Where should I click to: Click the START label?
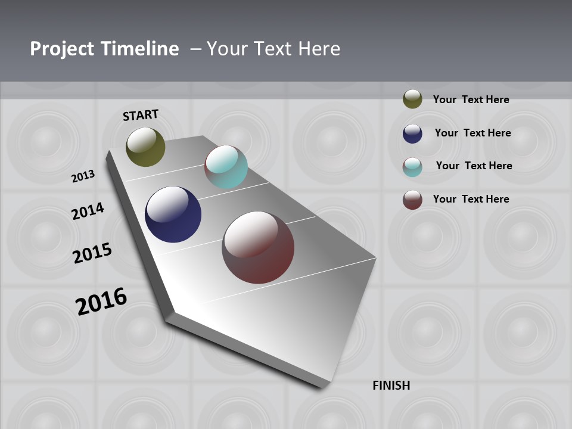141,115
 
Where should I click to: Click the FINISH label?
391,386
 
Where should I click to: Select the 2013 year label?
83,176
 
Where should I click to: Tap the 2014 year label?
88,211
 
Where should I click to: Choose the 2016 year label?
101,301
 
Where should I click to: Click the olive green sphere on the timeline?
145,147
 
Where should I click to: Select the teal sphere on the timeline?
226,167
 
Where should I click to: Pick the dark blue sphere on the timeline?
173,214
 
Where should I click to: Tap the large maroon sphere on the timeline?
258,247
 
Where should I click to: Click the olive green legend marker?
412,99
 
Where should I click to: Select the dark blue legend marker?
412,133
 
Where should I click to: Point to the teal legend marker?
412,167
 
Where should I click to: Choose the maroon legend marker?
412,200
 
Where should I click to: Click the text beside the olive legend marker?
471,100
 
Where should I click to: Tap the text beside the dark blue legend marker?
472,133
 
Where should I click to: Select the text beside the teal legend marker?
474,166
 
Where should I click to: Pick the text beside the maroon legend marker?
471,199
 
